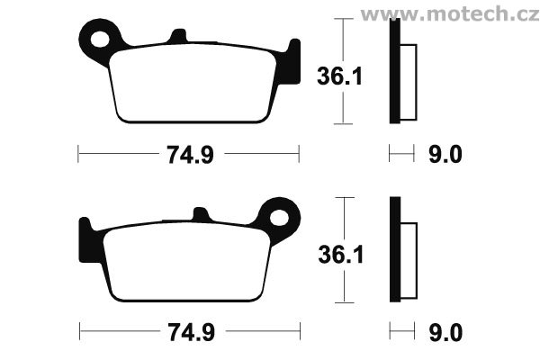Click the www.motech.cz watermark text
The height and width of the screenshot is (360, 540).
450,14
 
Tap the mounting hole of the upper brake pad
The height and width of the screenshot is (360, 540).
100,39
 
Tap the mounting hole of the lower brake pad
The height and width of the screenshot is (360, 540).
279,218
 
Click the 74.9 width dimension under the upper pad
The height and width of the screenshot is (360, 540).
191,154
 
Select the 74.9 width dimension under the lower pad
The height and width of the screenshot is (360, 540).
192,332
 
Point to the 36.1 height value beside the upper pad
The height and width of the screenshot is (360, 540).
339,76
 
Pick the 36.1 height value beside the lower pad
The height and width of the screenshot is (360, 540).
341,255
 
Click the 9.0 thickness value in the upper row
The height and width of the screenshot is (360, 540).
445,154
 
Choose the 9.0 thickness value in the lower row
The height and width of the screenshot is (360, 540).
445,333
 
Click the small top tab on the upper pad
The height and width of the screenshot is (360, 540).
179,36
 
